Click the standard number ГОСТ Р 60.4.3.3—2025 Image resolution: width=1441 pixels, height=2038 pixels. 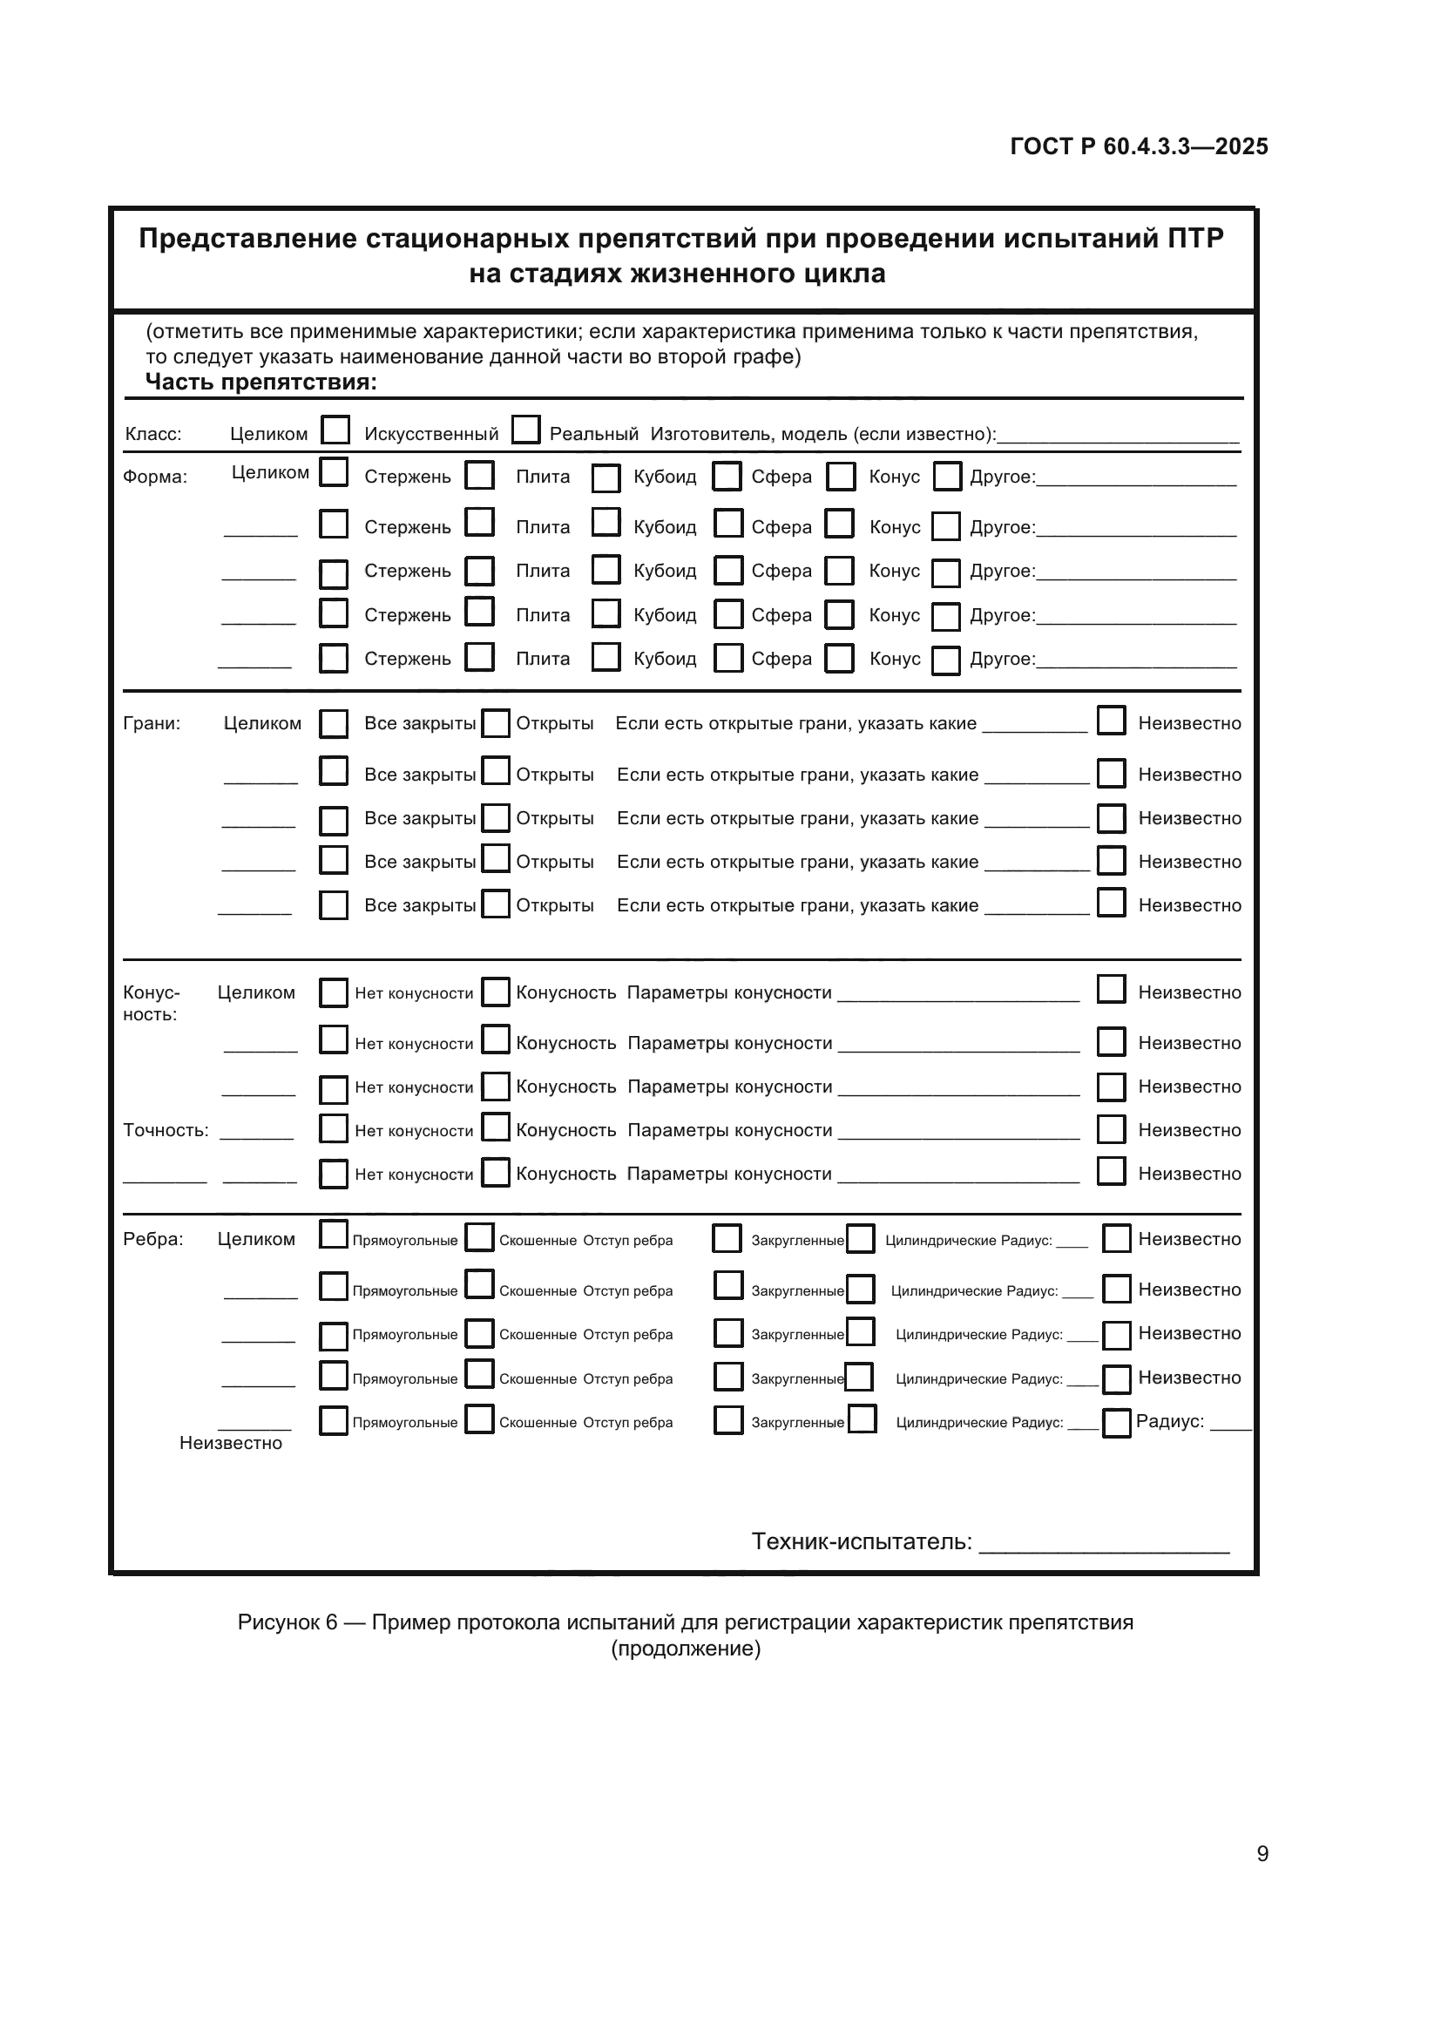tap(1139, 146)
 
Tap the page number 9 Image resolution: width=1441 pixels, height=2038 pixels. tap(1262, 1853)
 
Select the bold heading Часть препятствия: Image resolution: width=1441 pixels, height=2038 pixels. tap(260, 383)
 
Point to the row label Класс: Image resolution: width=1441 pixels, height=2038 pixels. tap(152, 434)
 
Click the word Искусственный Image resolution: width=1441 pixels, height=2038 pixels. tap(431, 434)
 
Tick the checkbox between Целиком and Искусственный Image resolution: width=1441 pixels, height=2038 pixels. tap(335, 430)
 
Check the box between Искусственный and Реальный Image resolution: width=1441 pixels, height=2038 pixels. tap(526, 430)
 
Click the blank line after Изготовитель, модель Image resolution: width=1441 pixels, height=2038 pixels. tap(1117, 437)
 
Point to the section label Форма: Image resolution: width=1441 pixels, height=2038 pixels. tap(155, 477)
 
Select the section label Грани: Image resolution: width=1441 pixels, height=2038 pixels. tap(152, 723)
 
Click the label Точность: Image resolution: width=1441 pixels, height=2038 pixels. tap(166, 1130)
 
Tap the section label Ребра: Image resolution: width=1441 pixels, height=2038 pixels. tap(153, 1239)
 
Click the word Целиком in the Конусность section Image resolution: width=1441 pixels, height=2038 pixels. tap(256, 992)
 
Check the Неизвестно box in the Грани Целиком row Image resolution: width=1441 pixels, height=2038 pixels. tap(1111, 720)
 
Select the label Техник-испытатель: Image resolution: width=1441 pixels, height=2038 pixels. tap(862, 1542)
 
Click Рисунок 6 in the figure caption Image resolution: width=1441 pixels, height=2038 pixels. tap(288, 1622)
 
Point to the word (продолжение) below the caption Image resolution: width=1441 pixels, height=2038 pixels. tap(685, 1649)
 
